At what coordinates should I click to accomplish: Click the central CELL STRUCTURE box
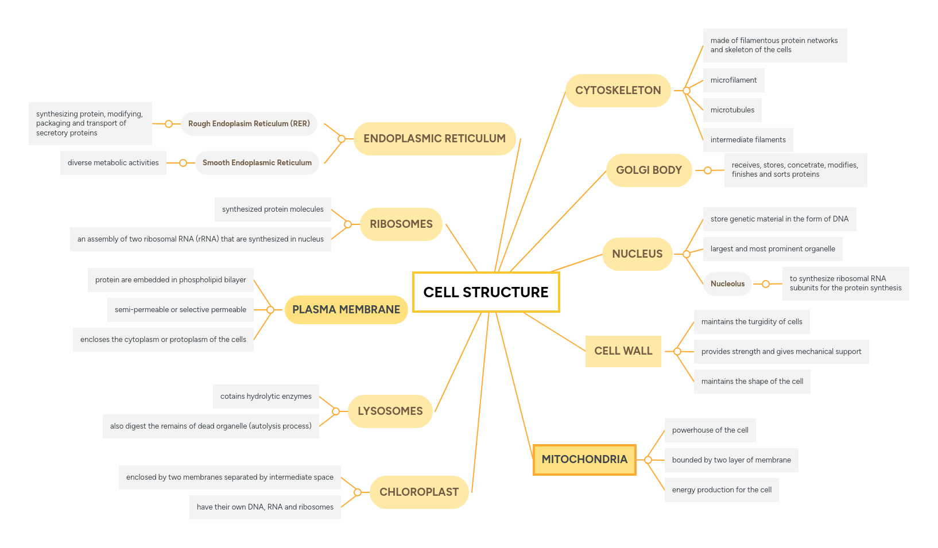(486, 292)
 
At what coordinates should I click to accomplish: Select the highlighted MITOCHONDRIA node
(584, 460)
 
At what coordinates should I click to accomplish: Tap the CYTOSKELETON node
(618, 91)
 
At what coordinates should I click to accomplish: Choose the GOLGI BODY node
(649, 170)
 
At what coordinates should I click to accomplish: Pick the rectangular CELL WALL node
(623, 351)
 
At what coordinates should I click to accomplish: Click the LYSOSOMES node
(390, 411)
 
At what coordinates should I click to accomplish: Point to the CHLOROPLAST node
(419, 492)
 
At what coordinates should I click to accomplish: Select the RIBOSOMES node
(401, 224)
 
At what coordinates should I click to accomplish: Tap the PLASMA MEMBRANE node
(346, 310)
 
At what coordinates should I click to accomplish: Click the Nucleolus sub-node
(727, 284)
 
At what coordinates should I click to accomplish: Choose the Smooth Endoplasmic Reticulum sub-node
(257, 163)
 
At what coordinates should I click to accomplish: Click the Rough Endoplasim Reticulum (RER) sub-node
(249, 124)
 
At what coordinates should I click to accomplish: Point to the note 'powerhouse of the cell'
(710, 430)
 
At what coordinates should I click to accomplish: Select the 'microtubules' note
(732, 110)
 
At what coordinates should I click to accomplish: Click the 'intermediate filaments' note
(747, 140)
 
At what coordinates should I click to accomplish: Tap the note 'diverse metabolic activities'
(113, 163)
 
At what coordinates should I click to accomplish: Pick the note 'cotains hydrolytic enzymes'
(266, 397)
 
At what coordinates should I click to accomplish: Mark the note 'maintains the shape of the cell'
(752, 382)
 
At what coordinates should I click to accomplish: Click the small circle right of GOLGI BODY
(708, 170)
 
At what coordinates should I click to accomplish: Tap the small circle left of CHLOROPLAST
(358, 492)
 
